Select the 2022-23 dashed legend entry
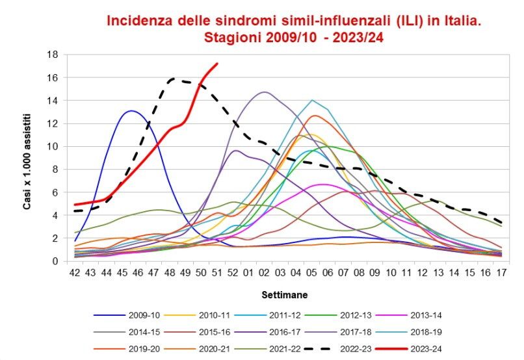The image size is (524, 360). pos(349,348)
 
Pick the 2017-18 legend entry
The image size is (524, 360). pos(350,332)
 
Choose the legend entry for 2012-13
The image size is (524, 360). pos(349,315)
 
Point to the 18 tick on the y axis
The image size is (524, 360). pos(54,55)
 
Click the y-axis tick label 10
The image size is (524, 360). pos(54,146)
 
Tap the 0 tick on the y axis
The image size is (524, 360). pos(57,261)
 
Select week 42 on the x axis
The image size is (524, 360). pos(75,274)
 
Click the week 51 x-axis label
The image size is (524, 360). pos(216,274)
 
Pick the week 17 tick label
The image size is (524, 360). pos(500,274)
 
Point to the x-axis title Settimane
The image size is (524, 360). pos(285,294)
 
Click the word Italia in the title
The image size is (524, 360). pos(460,20)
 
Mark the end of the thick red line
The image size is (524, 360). pos(217,64)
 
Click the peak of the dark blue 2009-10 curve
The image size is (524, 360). pos(131,110)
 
